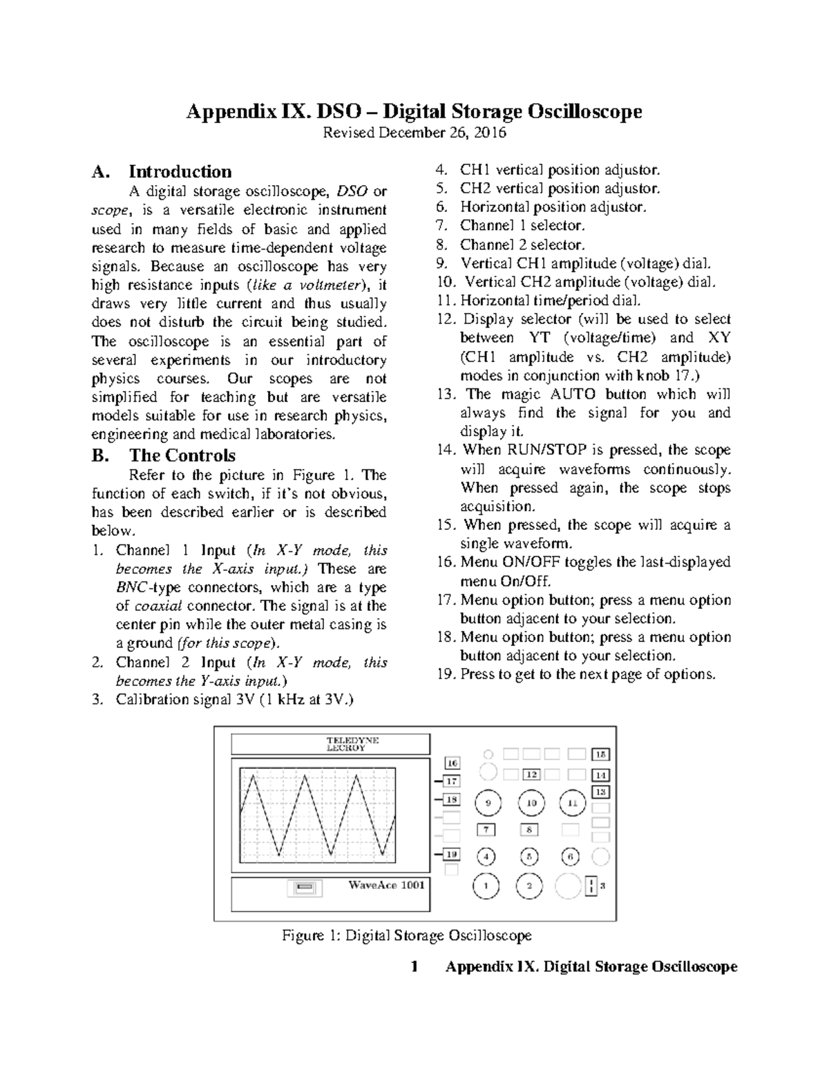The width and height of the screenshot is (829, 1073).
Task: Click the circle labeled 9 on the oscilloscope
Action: point(488,803)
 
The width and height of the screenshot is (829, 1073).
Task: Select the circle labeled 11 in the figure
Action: point(573,803)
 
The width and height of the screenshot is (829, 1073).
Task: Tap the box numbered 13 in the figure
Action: point(601,792)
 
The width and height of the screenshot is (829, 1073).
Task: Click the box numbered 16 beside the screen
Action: point(452,763)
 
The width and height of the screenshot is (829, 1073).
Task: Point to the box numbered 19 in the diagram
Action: point(452,854)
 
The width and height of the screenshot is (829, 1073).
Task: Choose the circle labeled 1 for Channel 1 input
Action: point(486,886)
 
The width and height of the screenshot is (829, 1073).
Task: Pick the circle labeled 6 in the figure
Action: point(571,857)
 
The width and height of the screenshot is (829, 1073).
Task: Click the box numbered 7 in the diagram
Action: point(486,830)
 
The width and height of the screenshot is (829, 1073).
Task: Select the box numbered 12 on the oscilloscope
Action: point(531,775)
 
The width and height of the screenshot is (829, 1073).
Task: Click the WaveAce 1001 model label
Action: point(386,885)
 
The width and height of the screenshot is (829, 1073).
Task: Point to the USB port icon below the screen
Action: point(305,887)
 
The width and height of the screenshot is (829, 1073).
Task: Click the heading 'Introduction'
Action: point(180,171)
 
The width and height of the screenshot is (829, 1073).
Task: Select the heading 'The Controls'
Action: point(182,455)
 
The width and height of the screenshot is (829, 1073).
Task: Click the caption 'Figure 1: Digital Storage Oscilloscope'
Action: point(407,936)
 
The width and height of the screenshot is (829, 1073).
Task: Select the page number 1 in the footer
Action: point(414,967)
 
